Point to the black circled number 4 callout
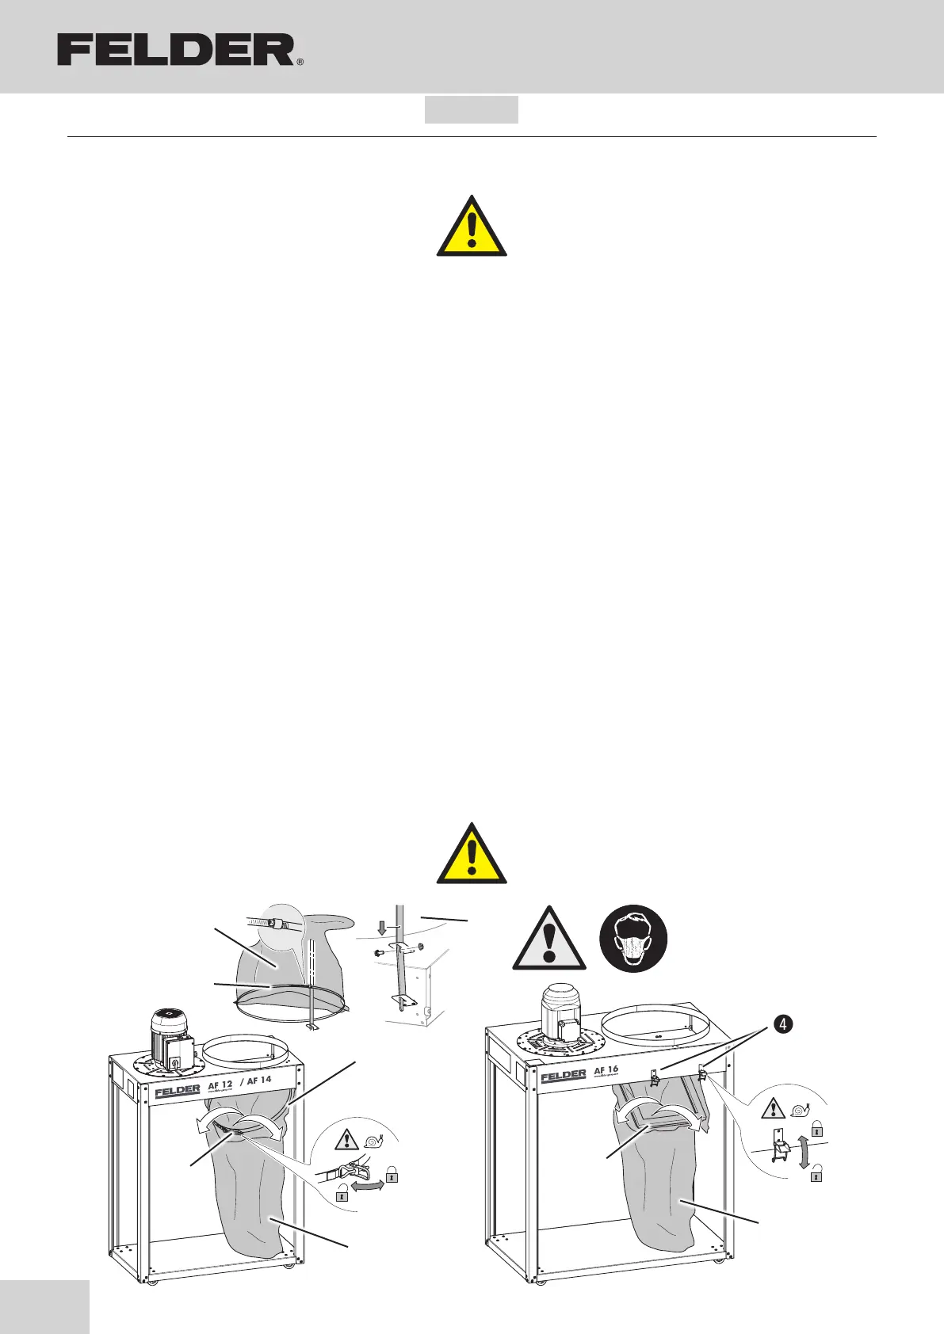[782, 1025]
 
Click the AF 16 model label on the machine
[606, 1069]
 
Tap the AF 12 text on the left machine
[220, 1084]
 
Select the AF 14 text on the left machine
[259, 1080]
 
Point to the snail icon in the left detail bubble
[374, 1138]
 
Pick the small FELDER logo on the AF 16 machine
[564, 1077]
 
